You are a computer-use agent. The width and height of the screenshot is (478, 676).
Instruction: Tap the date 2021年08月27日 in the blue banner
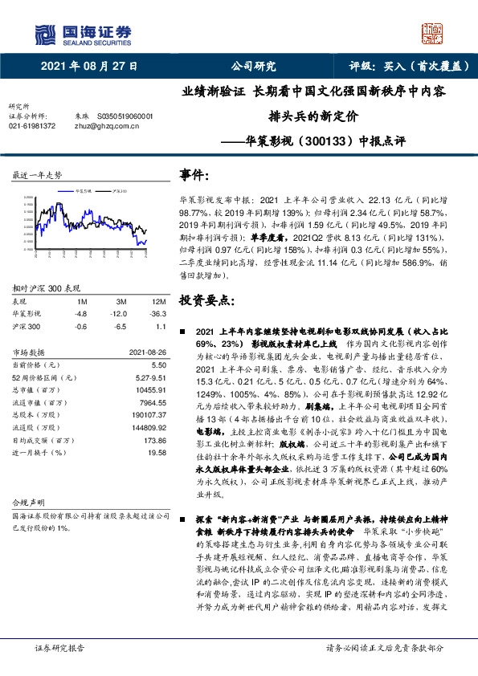(x=88, y=67)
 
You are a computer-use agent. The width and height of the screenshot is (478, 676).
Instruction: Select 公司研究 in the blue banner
(x=253, y=67)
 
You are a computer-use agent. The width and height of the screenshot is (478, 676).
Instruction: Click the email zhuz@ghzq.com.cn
(x=101, y=126)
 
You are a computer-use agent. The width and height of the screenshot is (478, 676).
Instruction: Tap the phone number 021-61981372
(x=32, y=126)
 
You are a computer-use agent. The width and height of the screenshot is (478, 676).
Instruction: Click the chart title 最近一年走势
(x=37, y=174)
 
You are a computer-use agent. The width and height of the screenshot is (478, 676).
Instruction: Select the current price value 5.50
(x=157, y=364)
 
